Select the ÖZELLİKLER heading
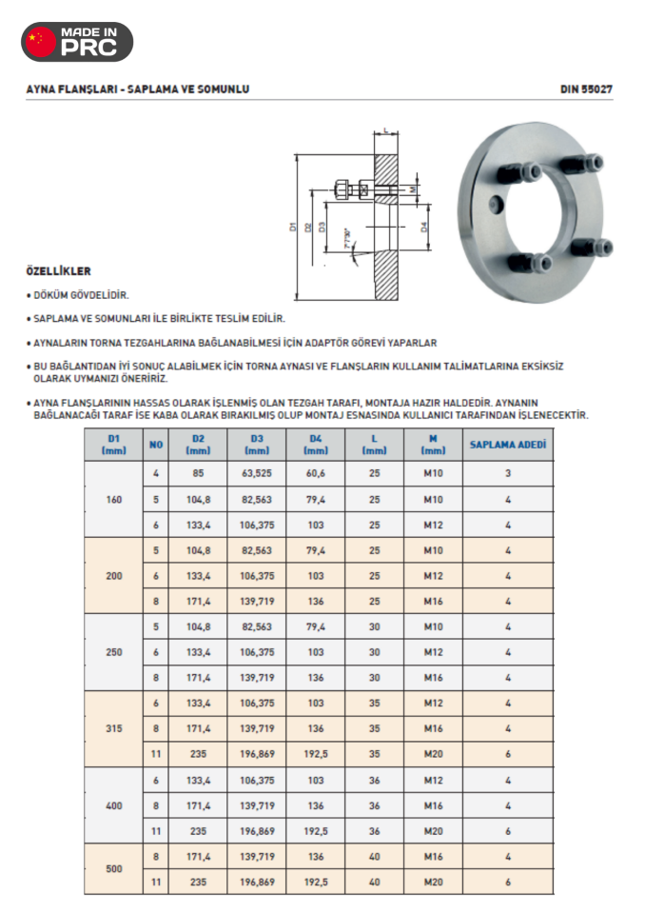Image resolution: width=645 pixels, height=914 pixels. click(58, 270)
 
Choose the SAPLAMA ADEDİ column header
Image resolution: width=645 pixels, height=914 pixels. click(508, 445)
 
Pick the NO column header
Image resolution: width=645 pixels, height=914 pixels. click(155, 445)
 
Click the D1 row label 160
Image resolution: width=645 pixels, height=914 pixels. click(114, 499)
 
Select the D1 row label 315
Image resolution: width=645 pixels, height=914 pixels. click(114, 727)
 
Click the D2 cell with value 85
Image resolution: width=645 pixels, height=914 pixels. click(198, 473)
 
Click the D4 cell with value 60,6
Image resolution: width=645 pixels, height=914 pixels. click(317, 473)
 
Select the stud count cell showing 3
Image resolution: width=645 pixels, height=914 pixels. click(508, 473)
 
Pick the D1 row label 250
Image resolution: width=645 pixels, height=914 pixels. click(114, 652)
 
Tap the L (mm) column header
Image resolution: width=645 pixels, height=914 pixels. click(374, 445)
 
